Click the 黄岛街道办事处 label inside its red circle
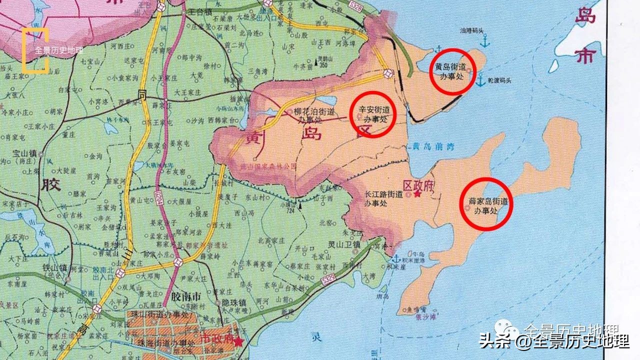point(451,71)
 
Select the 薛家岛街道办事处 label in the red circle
point(487,205)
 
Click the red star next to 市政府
point(239,341)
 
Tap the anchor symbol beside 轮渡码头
point(480,80)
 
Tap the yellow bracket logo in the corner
point(35,50)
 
